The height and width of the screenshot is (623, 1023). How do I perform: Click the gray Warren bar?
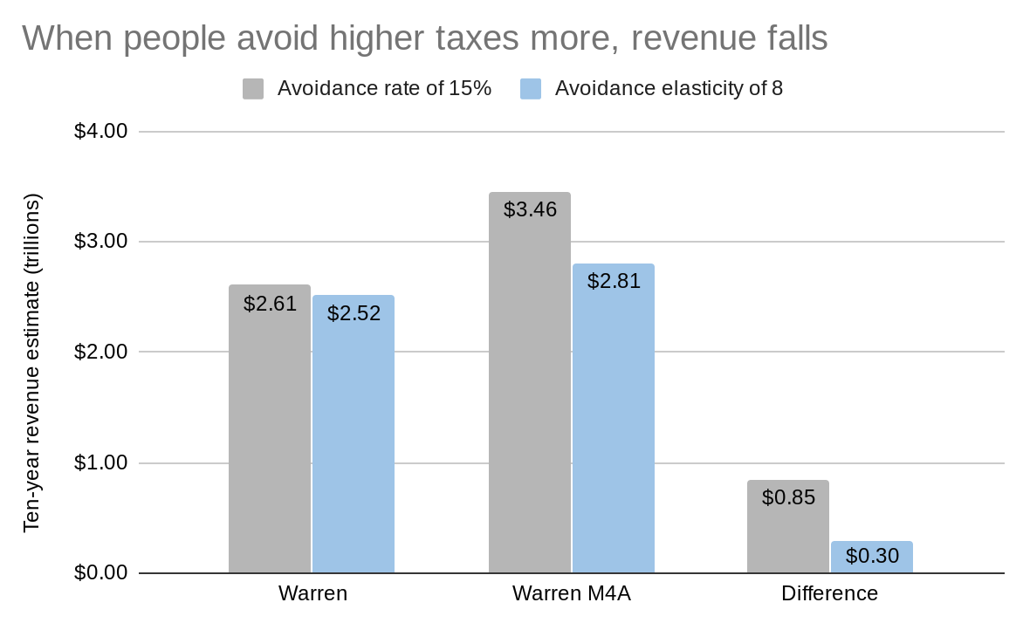click(x=270, y=436)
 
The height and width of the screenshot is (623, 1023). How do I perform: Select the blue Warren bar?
click(x=354, y=445)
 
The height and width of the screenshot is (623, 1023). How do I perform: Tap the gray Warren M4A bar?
click(x=530, y=393)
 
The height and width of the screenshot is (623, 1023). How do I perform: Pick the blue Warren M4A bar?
click(x=614, y=428)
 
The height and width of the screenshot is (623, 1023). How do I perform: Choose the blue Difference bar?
click(x=872, y=563)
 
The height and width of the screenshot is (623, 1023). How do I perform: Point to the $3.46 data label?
click(x=530, y=209)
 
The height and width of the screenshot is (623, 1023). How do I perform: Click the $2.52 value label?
click(x=354, y=313)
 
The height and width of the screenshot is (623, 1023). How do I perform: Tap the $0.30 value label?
click(x=872, y=556)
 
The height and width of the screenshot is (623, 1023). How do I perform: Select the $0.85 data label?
click(x=788, y=497)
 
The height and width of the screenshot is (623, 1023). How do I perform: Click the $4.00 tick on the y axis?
click(x=100, y=131)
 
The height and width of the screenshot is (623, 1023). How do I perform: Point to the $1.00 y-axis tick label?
click(x=100, y=462)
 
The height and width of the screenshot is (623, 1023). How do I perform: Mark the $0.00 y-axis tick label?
click(x=100, y=572)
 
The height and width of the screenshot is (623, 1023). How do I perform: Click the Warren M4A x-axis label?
click(x=571, y=594)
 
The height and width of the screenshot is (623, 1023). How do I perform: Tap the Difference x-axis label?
click(x=829, y=594)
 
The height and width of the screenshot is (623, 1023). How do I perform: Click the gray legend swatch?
click(x=253, y=89)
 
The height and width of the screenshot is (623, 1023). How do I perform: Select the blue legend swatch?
click(x=531, y=89)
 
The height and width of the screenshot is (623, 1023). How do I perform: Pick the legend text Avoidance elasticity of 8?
click(x=669, y=89)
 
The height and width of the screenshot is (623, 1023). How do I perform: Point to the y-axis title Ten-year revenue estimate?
click(x=32, y=363)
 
